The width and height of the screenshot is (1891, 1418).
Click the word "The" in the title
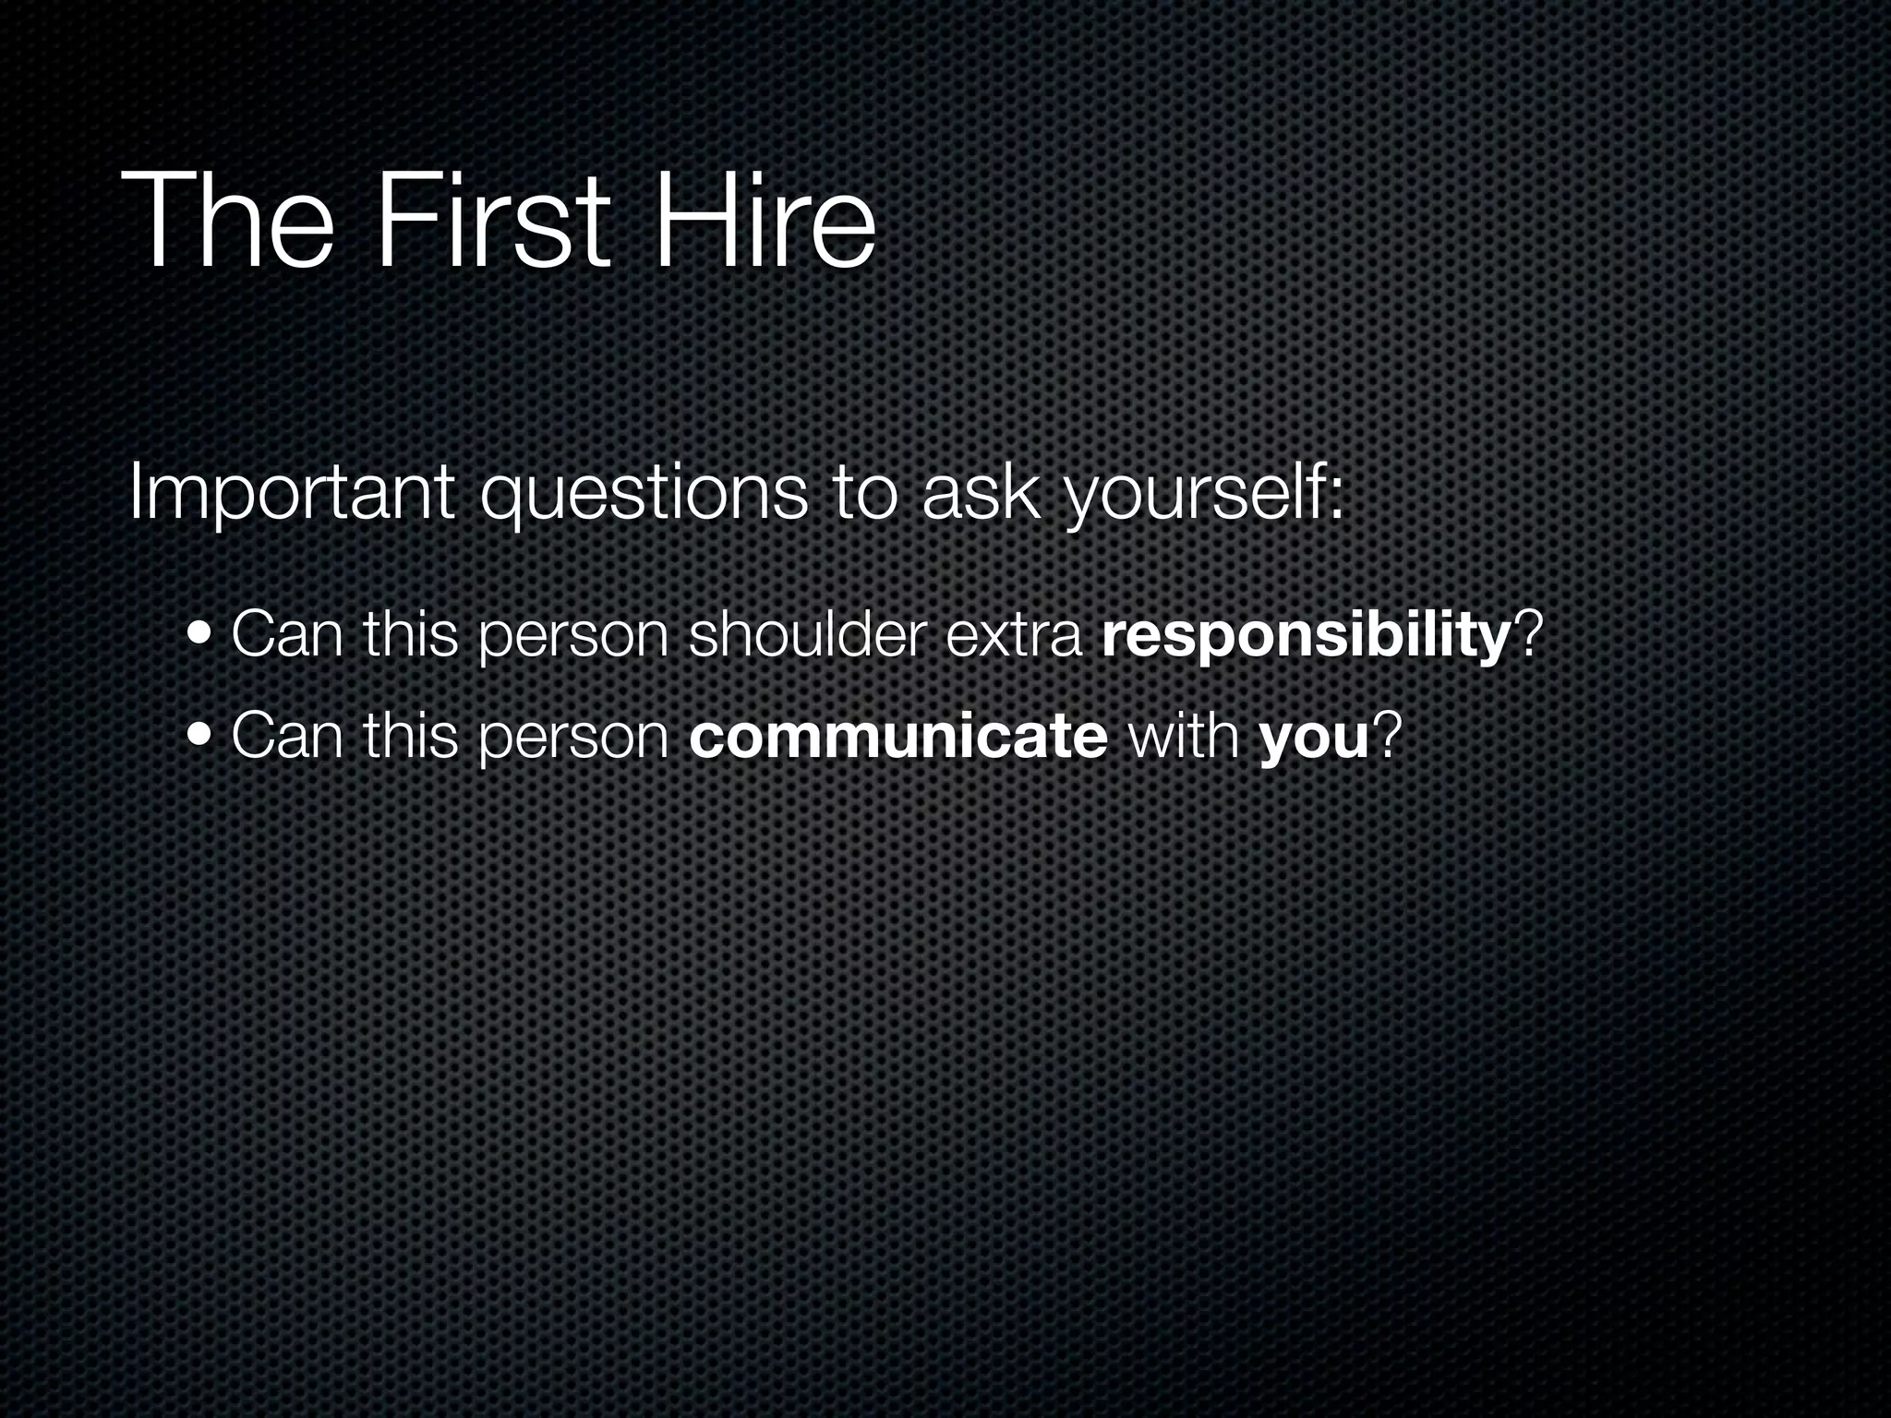tap(226, 222)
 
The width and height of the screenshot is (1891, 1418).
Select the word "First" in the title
tap(492, 222)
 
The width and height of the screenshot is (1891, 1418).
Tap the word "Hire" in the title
tap(765, 222)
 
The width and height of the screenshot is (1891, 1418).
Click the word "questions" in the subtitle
tap(643, 496)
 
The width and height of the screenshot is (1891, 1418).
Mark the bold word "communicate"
tap(897, 737)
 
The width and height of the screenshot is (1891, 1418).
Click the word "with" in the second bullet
tap(1183, 736)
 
